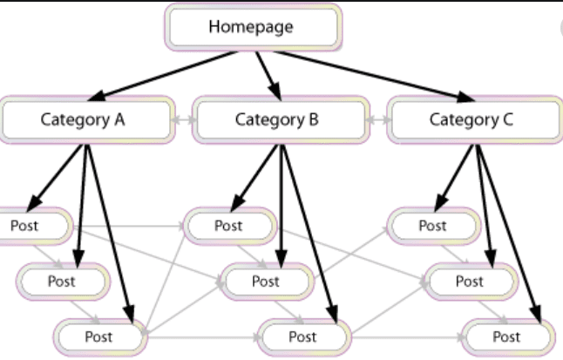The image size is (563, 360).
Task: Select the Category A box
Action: click(85, 120)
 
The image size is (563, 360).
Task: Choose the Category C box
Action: click(471, 120)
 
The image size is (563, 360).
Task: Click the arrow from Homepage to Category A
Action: click(166, 75)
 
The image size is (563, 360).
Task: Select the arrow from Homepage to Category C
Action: click(370, 75)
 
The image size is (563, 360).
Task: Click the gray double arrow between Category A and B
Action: click(181, 121)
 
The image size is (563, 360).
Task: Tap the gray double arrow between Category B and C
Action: click(376, 121)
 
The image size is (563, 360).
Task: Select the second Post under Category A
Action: click(62, 282)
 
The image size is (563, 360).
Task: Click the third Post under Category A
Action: click(98, 336)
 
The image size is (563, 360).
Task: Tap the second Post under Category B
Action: click(266, 282)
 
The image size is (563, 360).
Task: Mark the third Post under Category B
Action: click(302, 336)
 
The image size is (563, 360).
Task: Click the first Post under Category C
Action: click(432, 226)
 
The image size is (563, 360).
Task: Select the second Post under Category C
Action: click(469, 282)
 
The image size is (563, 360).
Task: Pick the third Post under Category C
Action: click(506, 336)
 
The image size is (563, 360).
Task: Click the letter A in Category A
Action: click(119, 120)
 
